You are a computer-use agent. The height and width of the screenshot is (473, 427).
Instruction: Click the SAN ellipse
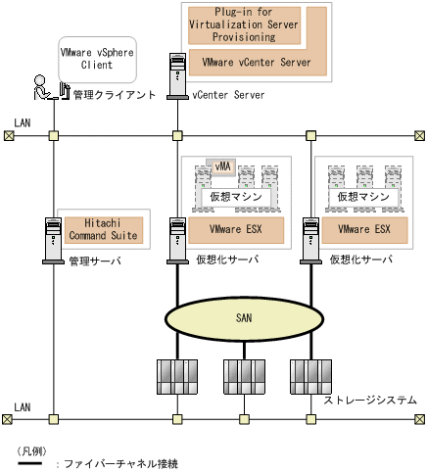[243, 318]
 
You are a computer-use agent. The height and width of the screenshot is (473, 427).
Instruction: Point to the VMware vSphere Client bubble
[96, 61]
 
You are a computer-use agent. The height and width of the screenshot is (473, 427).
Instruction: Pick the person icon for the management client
[42, 87]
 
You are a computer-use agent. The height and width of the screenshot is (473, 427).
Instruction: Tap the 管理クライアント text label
[114, 95]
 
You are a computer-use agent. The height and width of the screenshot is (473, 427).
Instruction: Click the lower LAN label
[24, 406]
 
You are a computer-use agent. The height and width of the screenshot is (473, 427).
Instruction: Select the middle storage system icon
[243, 375]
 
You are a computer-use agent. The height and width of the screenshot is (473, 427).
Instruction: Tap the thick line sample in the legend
[29, 463]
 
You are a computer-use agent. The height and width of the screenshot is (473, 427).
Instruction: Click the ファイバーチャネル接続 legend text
[119, 464]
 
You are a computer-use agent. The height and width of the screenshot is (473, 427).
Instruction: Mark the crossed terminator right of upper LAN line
[419, 136]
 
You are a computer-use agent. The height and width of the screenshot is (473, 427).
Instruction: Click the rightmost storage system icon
[309, 375]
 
